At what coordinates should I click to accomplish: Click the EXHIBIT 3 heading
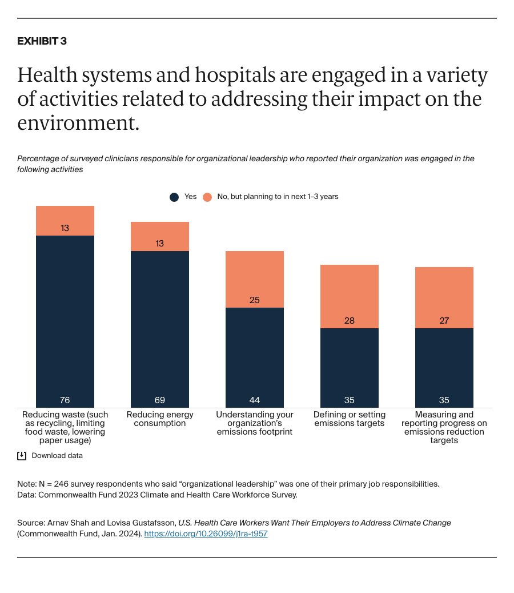[42, 41]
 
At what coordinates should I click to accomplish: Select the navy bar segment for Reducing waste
[65, 320]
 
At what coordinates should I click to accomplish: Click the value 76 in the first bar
[65, 400]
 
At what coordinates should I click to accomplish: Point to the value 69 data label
[160, 400]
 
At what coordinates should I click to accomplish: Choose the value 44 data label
[255, 400]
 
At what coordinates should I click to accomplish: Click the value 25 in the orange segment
[255, 300]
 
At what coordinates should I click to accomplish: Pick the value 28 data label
[350, 320]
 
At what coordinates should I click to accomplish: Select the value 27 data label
[444, 320]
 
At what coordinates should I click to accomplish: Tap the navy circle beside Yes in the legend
[174, 197]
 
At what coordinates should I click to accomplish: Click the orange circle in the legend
[207, 197]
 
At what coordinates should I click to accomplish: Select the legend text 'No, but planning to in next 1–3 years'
[278, 197]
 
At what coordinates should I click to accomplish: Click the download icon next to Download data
[22, 456]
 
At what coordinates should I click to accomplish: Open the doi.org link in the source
[206, 534]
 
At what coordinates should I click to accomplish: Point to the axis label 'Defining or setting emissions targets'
[350, 419]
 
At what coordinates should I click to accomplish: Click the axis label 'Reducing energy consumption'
[160, 419]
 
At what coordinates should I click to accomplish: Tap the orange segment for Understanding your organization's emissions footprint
[255, 279]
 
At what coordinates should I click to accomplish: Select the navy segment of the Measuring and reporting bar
[444, 366]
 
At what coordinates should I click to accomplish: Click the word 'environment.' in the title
[78, 123]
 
